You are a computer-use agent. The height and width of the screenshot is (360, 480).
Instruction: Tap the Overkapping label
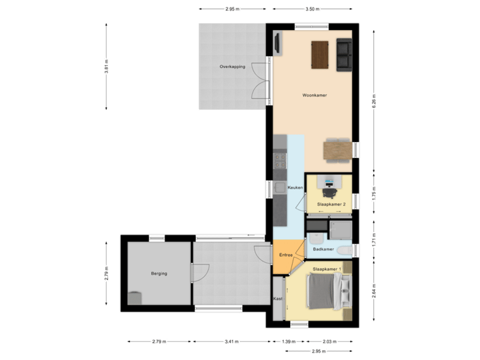click(233, 67)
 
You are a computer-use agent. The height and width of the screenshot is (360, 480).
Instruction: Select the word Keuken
click(295, 188)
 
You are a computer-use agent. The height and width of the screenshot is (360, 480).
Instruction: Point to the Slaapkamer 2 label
click(331, 203)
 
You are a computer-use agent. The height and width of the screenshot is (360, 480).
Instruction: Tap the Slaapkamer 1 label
click(327, 269)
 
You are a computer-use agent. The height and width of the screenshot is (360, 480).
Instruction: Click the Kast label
click(278, 299)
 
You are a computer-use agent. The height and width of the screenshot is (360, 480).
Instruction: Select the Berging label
click(159, 273)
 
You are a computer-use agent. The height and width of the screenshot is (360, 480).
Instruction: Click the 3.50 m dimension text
click(311, 9)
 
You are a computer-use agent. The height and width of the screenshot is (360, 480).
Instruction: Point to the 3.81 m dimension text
click(107, 67)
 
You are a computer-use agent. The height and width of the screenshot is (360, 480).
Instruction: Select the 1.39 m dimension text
click(288, 341)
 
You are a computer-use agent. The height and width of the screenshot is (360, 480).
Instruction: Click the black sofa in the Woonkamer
click(345, 55)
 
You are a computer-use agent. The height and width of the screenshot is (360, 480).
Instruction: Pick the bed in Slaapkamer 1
click(328, 291)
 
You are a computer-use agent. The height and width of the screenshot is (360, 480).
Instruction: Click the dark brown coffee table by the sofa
click(320, 55)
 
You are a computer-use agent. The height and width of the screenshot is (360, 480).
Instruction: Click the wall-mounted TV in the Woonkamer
click(276, 43)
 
